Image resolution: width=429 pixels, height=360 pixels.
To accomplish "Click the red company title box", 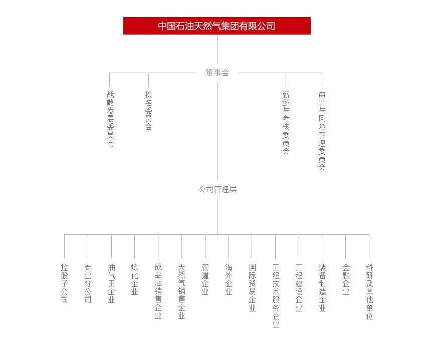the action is (217, 26).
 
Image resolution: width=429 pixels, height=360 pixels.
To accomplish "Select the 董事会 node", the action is (217, 73).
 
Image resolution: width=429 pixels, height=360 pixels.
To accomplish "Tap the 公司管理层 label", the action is (218, 189).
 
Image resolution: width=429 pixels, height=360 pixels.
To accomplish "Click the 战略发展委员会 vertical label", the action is (110, 119).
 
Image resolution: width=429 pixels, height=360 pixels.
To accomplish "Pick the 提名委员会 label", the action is (148, 111).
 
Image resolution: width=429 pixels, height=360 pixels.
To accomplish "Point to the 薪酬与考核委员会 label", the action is (286, 123).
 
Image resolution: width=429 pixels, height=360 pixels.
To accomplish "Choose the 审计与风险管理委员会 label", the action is (322, 131).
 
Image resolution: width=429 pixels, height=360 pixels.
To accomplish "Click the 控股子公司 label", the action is (64, 283).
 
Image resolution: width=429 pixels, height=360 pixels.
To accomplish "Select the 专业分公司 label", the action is (88, 283).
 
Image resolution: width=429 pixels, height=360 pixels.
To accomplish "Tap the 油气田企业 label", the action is (111, 283).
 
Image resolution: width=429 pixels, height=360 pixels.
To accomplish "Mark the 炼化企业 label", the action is (134, 279).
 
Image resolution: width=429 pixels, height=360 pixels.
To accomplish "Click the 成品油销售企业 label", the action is (158, 291).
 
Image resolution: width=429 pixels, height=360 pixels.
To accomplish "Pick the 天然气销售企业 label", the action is (181, 291).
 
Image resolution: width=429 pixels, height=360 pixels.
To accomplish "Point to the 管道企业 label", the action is (205, 279).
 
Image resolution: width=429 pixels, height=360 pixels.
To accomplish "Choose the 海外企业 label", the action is (229, 279).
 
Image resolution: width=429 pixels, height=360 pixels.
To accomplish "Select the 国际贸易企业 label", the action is (252, 287).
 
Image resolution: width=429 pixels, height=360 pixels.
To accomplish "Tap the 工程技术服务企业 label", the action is (276, 295).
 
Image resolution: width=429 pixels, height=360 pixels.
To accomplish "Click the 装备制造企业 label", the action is (322, 287).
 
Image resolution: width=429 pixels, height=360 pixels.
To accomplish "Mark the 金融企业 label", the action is (346, 279).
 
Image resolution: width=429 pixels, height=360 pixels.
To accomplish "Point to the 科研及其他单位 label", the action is (369, 291).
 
